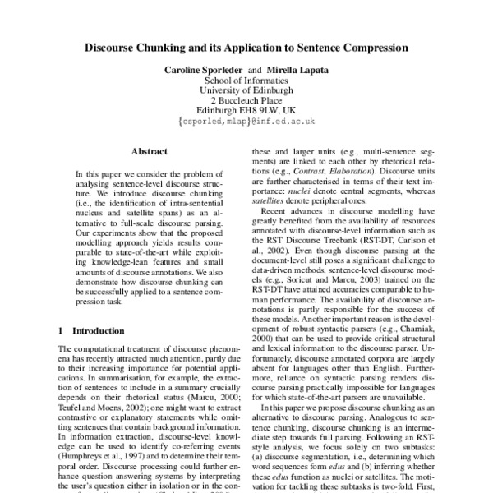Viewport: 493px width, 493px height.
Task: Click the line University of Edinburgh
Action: pyautogui.click(x=246, y=99)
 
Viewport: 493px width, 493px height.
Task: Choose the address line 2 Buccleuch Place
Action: pyautogui.click(x=246, y=110)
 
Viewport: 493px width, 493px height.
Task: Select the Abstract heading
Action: pyautogui.click(x=149, y=152)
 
